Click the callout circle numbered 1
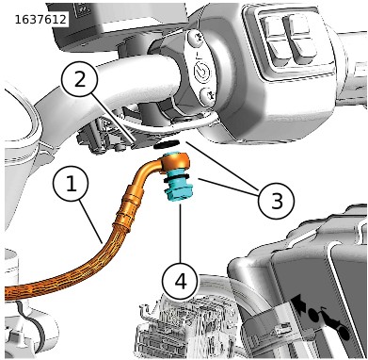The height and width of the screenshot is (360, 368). [x=72, y=184]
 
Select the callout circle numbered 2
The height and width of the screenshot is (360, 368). [x=80, y=78]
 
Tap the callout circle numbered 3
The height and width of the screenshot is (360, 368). [x=277, y=201]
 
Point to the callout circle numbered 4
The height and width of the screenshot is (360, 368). [x=180, y=280]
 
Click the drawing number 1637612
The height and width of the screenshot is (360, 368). [x=40, y=20]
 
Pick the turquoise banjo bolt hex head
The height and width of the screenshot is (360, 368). [x=177, y=193]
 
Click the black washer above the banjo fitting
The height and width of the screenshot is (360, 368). [x=167, y=145]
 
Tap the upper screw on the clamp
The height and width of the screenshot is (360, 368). [x=196, y=38]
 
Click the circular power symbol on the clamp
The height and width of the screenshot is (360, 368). [x=201, y=72]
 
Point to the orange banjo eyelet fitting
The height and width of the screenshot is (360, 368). [x=178, y=161]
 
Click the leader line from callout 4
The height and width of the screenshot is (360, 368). [x=180, y=233]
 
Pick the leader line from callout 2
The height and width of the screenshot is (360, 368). [x=110, y=118]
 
